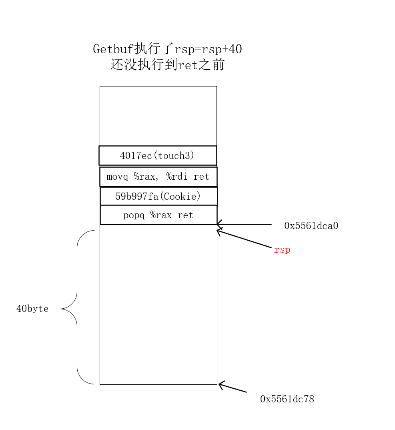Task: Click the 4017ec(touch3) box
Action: point(158,155)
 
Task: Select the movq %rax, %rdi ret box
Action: point(158,177)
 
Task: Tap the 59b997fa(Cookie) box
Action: point(158,196)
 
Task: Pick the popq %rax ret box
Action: point(158,215)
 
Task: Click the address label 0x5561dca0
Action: point(311,226)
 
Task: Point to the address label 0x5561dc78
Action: point(287,399)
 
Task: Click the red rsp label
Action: point(282,250)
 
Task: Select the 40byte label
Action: point(32,309)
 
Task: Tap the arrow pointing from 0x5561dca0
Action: point(244,224)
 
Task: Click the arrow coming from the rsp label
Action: point(244,239)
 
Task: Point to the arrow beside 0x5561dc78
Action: point(233,387)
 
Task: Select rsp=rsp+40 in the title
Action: point(208,49)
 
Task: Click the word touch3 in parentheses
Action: point(176,155)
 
